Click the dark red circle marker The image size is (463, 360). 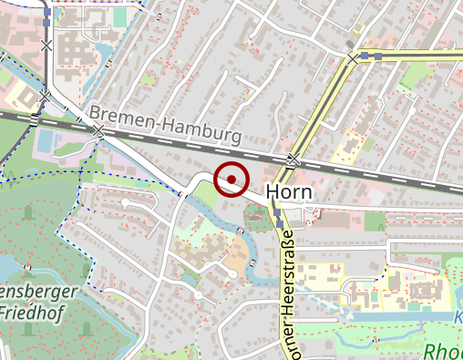[231, 179]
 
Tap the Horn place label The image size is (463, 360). [289, 192]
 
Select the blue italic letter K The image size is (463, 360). [458, 317]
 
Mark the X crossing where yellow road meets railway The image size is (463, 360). [293, 160]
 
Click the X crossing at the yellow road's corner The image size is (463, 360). [353, 60]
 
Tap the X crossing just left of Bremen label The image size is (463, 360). [98, 133]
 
